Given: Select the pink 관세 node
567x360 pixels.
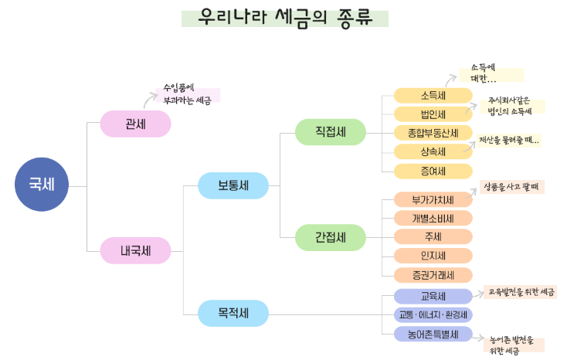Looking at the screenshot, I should (x=135, y=124).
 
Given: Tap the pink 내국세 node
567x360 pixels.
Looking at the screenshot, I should (x=135, y=250).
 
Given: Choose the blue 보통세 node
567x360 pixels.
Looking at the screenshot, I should (x=233, y=185).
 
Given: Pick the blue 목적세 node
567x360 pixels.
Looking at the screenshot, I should (x=233, y=314).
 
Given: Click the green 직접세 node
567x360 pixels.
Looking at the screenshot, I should (x=330, y=132).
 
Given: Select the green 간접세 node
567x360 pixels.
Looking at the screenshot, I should (x=330, y=237).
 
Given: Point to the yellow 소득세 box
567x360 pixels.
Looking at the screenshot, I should (x=433, y=96).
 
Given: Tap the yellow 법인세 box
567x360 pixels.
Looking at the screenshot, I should (x=433, y=114).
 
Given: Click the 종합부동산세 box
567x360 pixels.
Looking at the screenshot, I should (x=433, y=133).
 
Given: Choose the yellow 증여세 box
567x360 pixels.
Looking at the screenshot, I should (x=433, y=171).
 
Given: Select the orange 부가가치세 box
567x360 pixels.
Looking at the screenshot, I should (x=433, y=199).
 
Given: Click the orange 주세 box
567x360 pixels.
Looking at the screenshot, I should (x=433, y=236).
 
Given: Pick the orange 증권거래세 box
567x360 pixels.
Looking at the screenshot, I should (x=433, y=274).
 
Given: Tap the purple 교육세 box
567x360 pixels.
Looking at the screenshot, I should (x=433, y=297).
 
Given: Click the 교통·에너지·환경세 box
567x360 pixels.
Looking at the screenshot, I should (x=433, y=315).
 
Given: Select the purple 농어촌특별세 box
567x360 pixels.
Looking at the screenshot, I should (x=433, y=334).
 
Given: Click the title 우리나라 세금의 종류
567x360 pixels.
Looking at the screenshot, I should (x=284, y=18).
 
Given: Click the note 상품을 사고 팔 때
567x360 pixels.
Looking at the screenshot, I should (x=511, y=186).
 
